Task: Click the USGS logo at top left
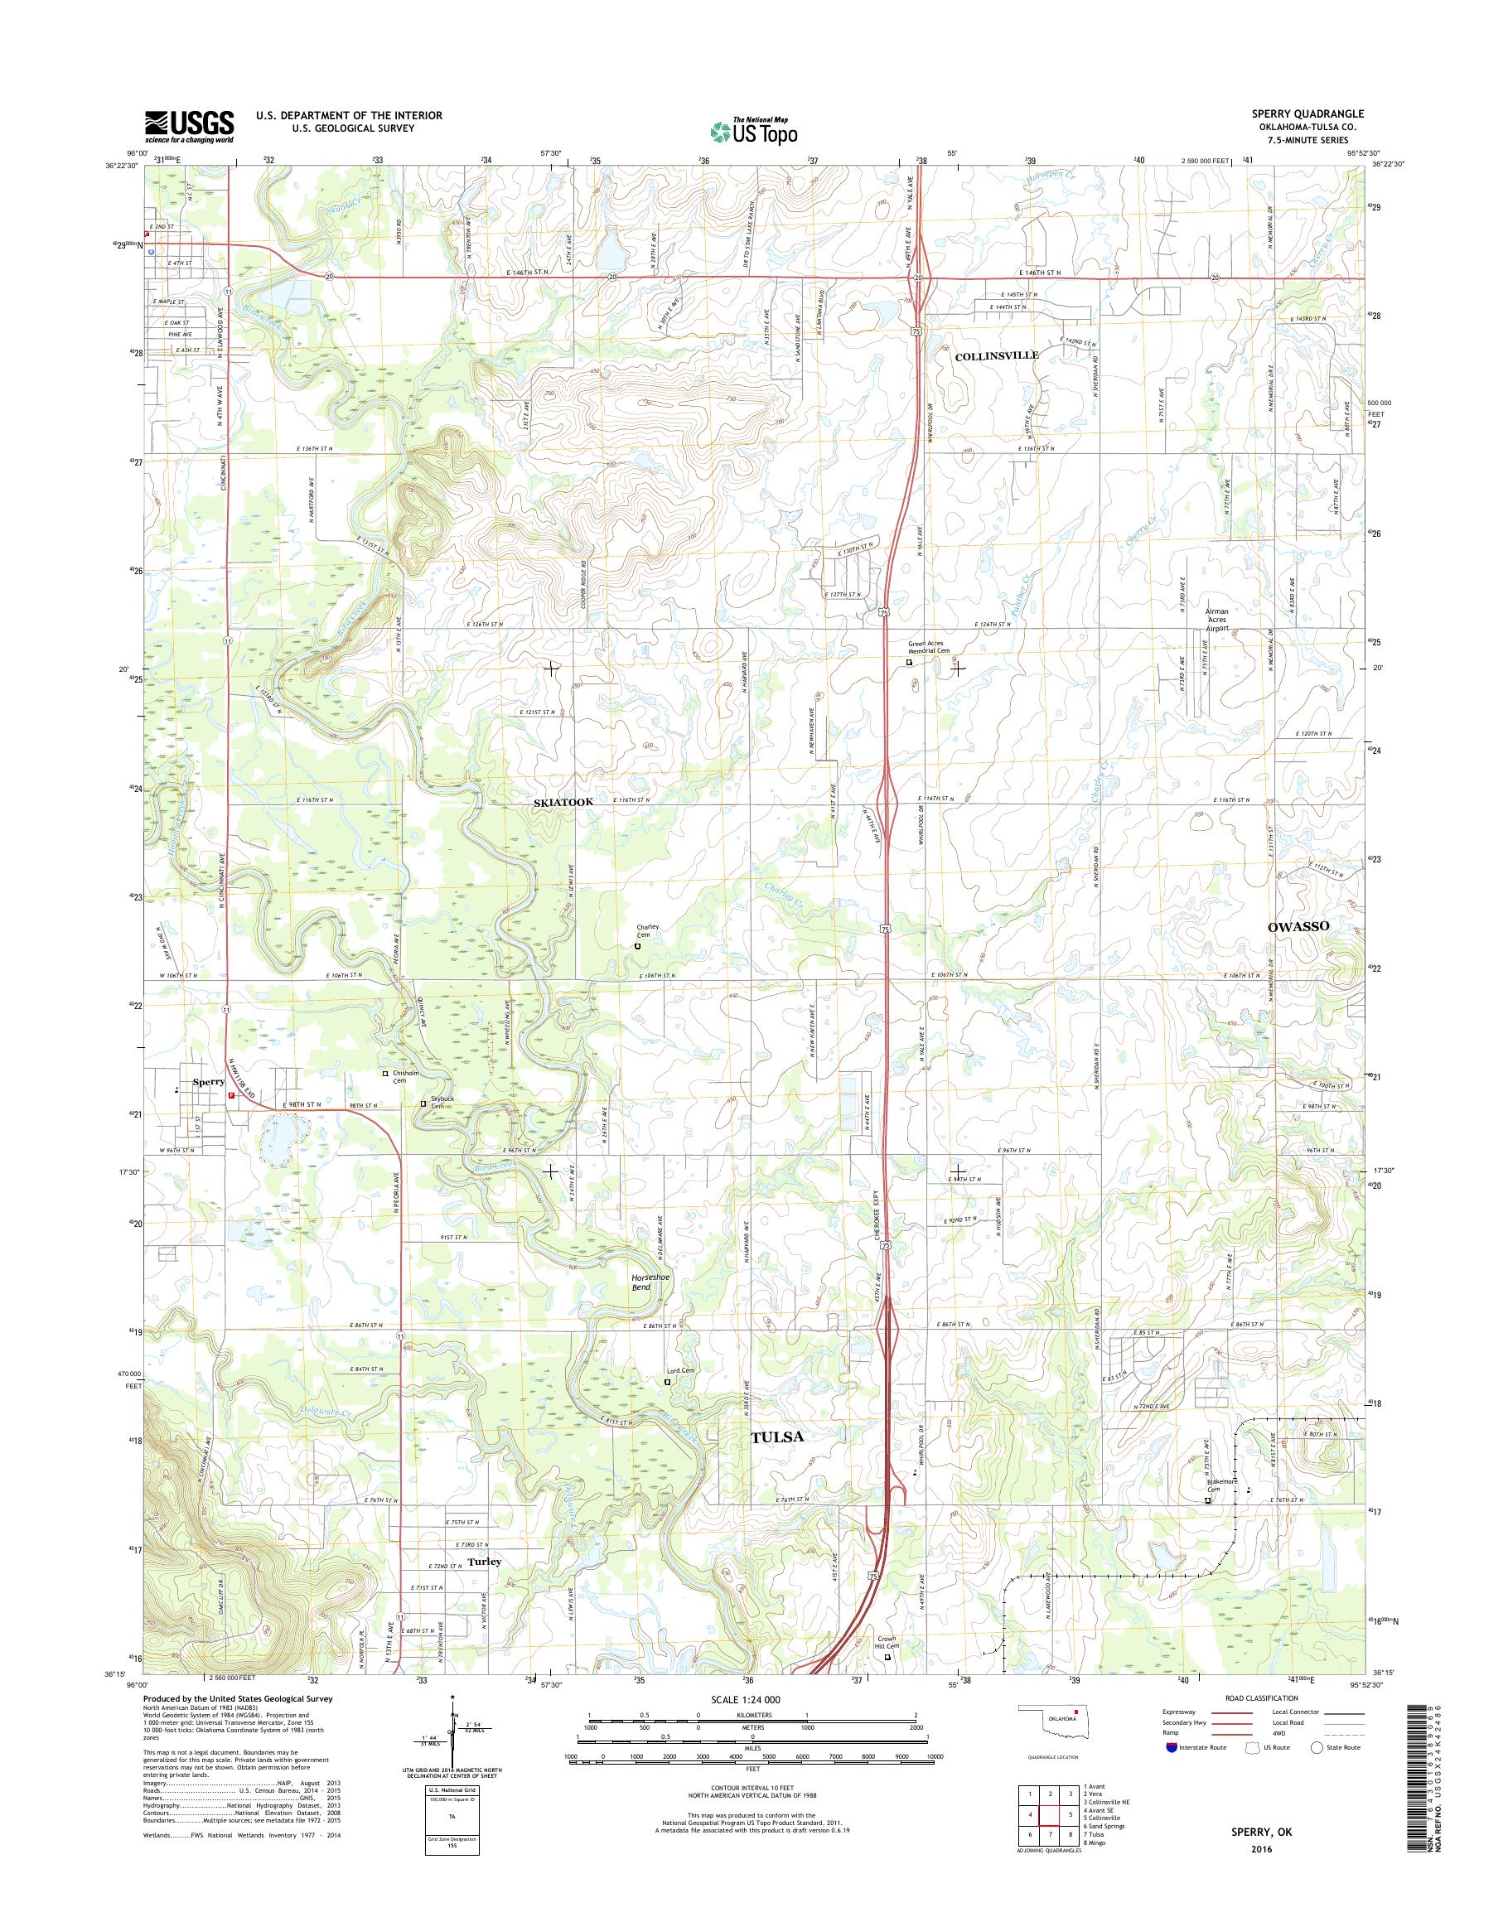click(189, 126)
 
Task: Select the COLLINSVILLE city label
click(997, 354)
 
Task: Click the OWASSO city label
click(1298, 926)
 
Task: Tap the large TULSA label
click(776, 1437)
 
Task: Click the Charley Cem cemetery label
click(649, 930)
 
